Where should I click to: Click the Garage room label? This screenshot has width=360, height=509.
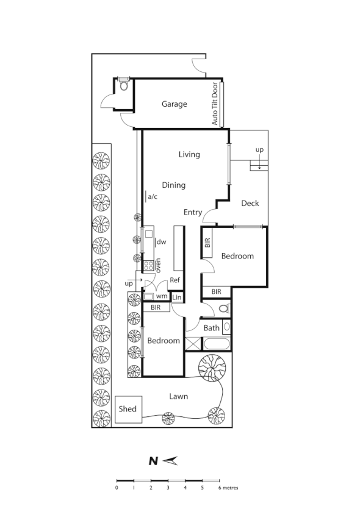coord(174,104)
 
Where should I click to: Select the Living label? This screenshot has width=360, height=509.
coord(189,154)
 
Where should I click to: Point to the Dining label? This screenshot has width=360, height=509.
coord(174,185)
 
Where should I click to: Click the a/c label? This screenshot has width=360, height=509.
coord(153,196)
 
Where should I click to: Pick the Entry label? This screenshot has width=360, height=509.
coord(193,212)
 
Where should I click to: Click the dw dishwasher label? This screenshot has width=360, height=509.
coord(162,242)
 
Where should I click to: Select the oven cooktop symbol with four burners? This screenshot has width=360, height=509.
coord(148,266)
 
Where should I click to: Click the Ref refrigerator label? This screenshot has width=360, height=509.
coord(175,280)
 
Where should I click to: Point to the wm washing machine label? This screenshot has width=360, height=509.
coord(160,296)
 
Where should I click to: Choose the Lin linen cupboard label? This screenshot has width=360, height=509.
coord(178,297)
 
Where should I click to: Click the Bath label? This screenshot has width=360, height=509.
coord(212,328)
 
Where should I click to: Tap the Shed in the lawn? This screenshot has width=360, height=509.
coord(128,409)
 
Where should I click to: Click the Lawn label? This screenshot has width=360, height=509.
coord(178,396)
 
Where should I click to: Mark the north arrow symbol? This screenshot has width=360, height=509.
coord(170,460)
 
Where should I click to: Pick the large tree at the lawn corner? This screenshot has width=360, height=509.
coord(212,368)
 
